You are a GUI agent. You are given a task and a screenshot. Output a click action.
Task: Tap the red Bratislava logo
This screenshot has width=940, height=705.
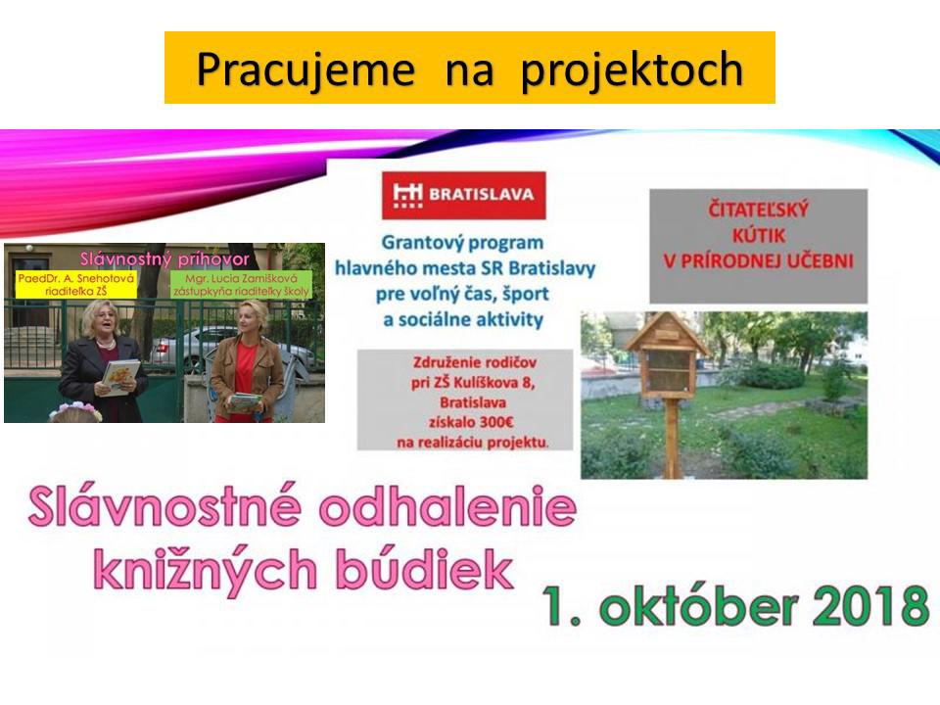point(464,195)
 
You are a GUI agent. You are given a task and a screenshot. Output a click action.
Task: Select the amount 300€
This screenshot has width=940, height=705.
point(495,422)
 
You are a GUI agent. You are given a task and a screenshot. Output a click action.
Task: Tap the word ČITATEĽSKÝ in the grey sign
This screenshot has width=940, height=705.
point(758,210)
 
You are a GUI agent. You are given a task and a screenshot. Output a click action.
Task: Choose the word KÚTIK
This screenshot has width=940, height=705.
point(758,235)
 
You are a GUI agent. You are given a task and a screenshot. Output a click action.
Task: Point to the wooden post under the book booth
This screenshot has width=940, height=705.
point(673,439)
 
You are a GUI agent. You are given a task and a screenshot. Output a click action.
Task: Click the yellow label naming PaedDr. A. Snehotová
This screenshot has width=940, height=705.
point(76,285)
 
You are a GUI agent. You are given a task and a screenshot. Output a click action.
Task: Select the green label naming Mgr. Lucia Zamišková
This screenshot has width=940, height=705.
point(241,285)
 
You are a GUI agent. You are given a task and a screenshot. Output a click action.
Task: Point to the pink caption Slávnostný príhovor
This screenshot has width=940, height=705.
point(164,258)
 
